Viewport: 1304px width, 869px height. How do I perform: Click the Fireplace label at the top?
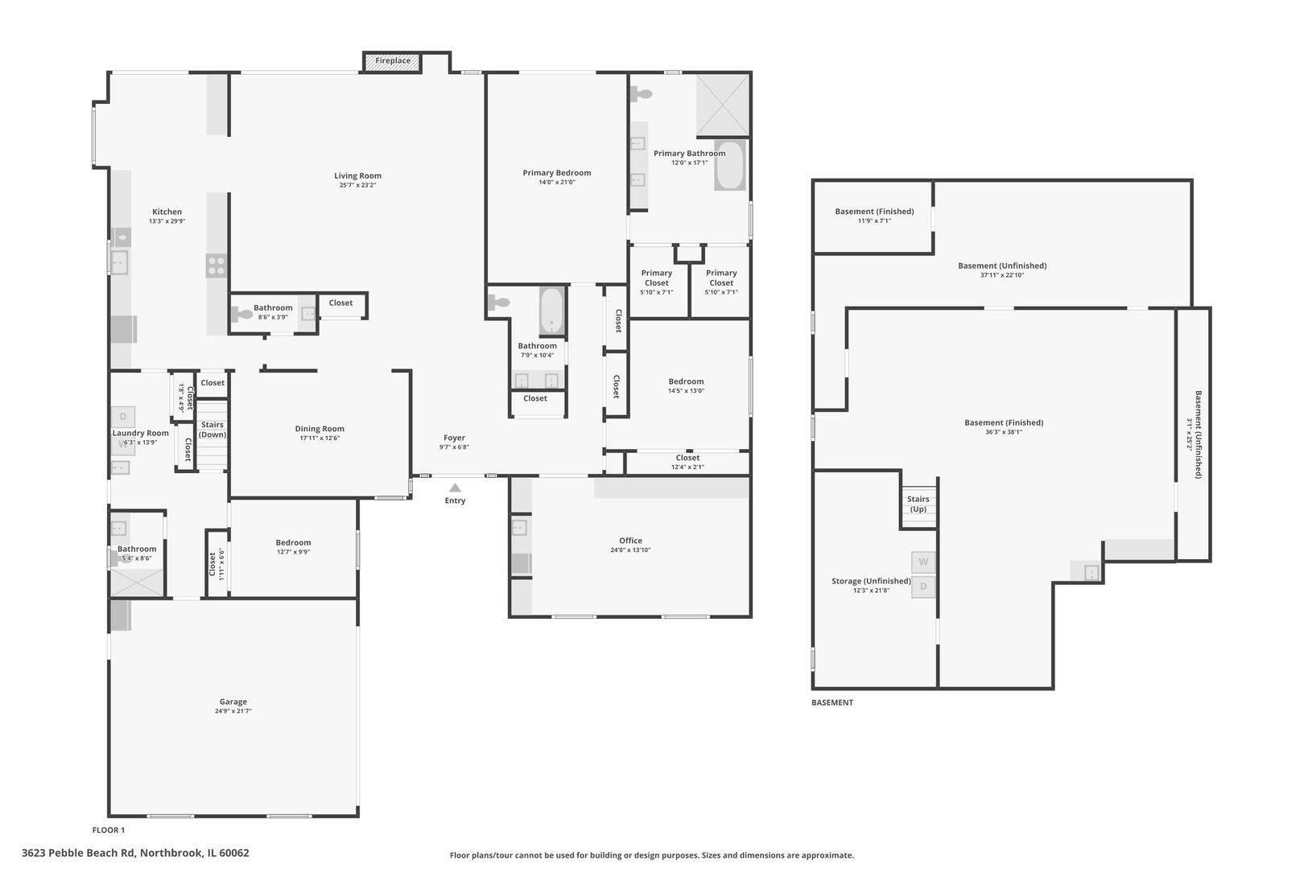coord(393,61)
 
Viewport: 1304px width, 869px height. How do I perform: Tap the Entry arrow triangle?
coord(455,488)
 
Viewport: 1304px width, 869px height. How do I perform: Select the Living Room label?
coord(357,176)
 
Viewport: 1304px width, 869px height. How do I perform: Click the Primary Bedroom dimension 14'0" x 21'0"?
coord(557,183)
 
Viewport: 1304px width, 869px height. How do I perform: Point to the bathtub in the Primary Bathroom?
coord(730,166)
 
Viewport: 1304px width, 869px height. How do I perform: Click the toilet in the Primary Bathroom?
coord(641,94)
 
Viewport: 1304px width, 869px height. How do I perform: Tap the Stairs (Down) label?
coord(213,430)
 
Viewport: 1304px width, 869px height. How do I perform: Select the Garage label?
coord(233,702)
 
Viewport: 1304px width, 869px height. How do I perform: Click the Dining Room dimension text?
coord(320,439)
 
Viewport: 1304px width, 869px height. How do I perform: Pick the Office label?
coord(631,541)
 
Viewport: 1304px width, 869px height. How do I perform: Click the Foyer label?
coord(454,438)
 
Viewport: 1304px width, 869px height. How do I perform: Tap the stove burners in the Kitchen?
coord(217,266)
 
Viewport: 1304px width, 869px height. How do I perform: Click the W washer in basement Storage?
coord(923,562)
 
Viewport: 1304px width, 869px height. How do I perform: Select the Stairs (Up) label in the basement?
coord(918,504)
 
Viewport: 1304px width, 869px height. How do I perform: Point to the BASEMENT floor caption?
coord(832,702)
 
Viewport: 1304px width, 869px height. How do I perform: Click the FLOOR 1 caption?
coord(109,830)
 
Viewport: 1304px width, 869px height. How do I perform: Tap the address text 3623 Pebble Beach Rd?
coord(135,853)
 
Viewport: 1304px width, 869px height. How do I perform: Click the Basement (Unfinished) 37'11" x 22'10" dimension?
coord(1002,275)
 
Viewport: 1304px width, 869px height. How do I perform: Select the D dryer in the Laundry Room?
coord(123,416)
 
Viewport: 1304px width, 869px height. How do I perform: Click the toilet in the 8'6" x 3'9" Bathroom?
coord(242,315)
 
